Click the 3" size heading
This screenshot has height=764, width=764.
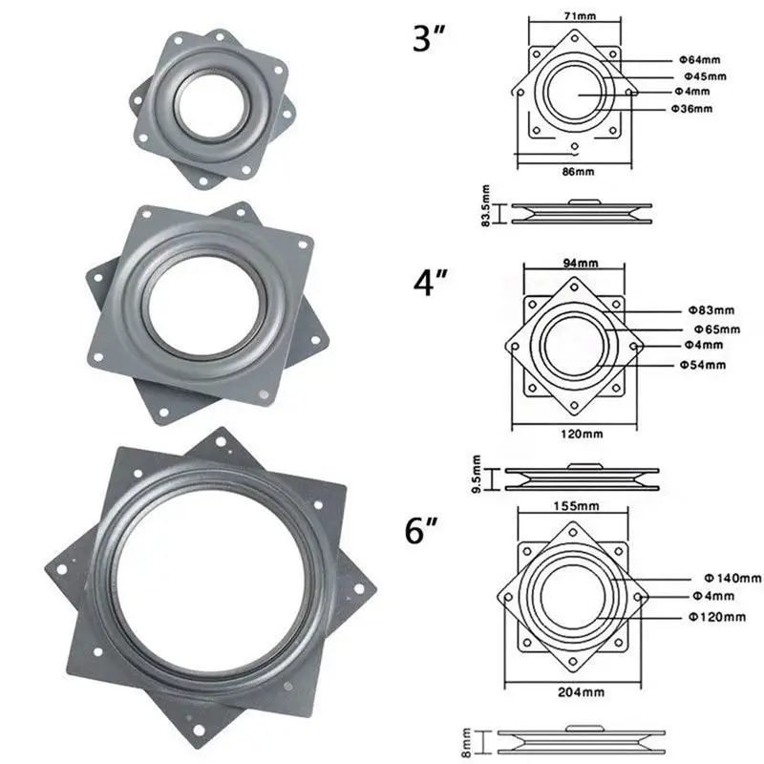point(429,38)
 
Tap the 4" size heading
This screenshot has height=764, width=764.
point(431,282)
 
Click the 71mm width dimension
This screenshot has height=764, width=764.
point(580,16)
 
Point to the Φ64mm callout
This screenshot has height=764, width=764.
point(700,60)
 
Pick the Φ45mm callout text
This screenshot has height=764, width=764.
point(705,76)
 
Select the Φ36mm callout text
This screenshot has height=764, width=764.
point(691,109)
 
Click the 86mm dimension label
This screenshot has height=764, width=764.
point(578,172)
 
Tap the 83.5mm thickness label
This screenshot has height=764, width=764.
point(486,205)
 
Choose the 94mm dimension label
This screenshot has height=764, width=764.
point(581,264)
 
